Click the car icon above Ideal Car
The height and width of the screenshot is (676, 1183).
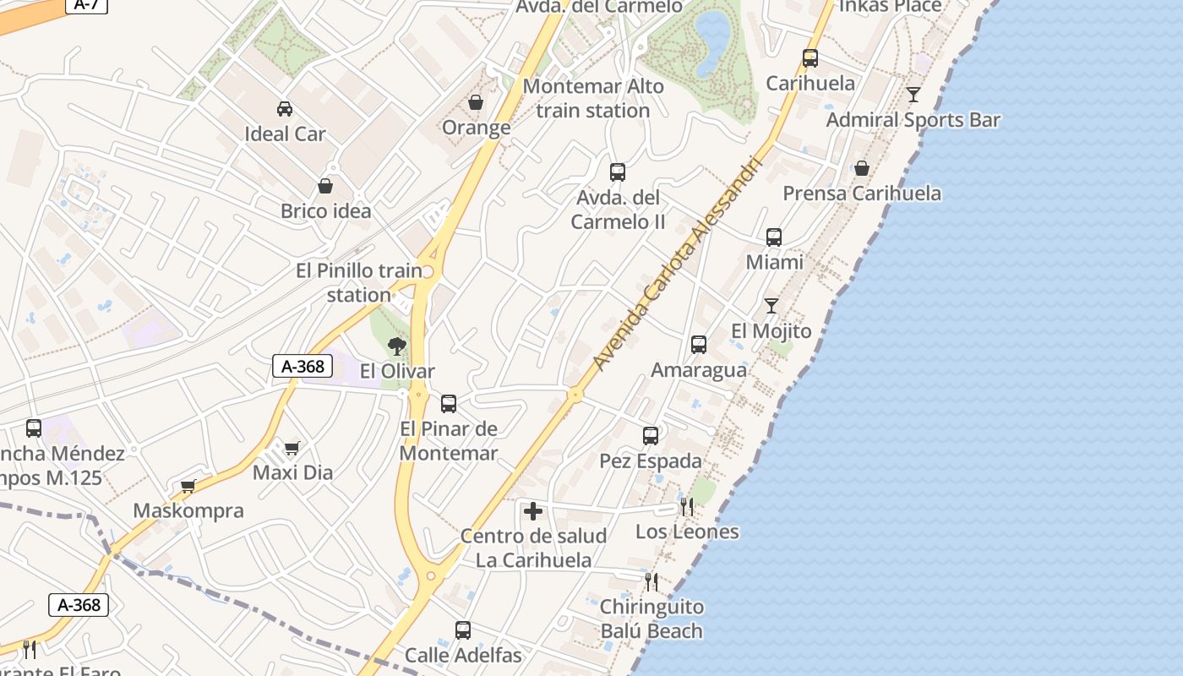tap(285, 109)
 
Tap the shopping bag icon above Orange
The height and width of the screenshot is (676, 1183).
tap(476, 102)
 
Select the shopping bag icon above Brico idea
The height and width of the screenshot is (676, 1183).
tap(325, 186)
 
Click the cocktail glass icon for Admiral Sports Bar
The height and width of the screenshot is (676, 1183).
tap(913, 95)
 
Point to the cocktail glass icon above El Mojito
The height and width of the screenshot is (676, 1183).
tap(771, 306)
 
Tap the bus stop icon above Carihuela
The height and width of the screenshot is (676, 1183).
tap(810, 58)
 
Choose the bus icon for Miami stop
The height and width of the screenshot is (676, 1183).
tap(774, 237)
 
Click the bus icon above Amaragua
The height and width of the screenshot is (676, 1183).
tap(699, 345)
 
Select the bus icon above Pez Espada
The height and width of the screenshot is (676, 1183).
tap(651, 436)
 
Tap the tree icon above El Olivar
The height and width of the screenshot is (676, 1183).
tap(396, 346)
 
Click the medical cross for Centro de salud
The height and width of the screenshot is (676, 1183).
tap(533, 511)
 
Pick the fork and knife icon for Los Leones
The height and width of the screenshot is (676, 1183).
tap(687, 507)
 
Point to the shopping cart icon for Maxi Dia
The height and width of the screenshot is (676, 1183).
tap(292, 448)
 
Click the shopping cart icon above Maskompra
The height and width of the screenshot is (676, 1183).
tap(188, 486)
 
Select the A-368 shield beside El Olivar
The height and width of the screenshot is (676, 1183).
tap(303, 366)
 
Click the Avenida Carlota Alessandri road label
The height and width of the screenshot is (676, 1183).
tap(677, 264)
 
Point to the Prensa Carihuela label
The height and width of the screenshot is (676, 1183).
tap(862, 194)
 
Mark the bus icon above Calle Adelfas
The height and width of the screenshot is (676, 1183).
tap(463, 630)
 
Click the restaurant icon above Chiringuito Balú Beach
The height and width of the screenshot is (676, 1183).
tap(651, 581)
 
